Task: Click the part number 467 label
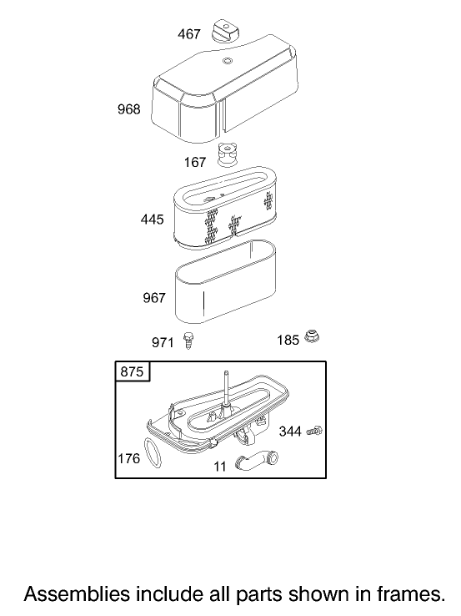click(x=189, y=34)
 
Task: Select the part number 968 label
click(x=128, y=109)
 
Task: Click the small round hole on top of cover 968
click(x=227, y=61)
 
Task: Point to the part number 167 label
click(x=195, y=162)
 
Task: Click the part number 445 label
click(x=153, y=220)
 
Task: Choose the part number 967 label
click(x=154, y=298)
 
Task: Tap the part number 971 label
click(x=163, y=342)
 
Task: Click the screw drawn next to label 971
click(x=188, y=341)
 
